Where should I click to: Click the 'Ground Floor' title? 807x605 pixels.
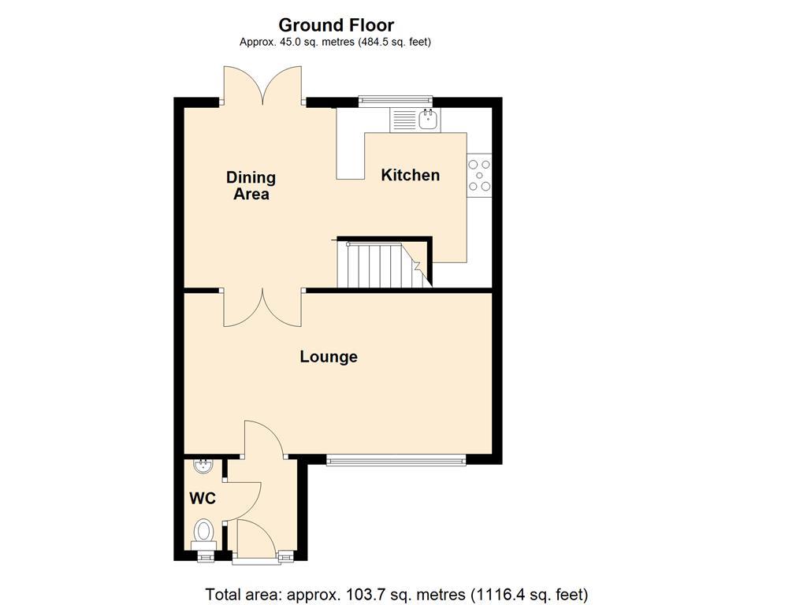(336, 25)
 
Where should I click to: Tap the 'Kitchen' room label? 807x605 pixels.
(410, 175)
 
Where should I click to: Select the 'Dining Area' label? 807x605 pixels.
(251, 185)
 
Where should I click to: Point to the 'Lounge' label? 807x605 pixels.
(329, 357)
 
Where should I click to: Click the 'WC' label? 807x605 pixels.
(203, 499)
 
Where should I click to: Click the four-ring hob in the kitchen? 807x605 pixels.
(479, 176)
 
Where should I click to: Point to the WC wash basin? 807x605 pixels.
(203, 465)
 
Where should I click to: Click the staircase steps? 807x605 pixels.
(378, 265)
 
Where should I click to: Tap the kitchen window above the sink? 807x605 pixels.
(396, 100)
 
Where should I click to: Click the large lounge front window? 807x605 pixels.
(396, 460)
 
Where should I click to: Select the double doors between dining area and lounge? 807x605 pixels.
(262, 307)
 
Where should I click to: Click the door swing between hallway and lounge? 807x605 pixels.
(264, 438)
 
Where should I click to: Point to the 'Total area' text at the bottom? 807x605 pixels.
(396, 595)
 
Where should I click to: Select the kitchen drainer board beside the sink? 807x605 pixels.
(403, 121)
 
